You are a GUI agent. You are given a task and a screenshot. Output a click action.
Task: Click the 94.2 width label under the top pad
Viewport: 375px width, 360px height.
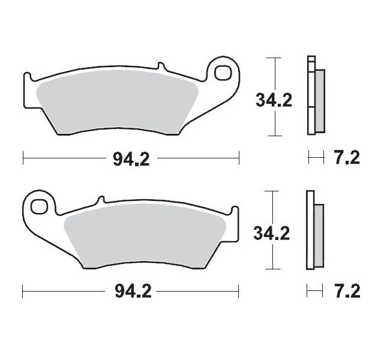(x=131, y=159)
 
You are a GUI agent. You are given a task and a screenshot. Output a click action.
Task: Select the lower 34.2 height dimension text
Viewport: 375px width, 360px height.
(x=272, y=232)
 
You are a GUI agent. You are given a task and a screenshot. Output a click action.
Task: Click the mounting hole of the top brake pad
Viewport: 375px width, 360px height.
(x=223, y=71)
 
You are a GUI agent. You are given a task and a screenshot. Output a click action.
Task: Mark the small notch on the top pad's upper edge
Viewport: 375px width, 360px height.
(x=160, y=67)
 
